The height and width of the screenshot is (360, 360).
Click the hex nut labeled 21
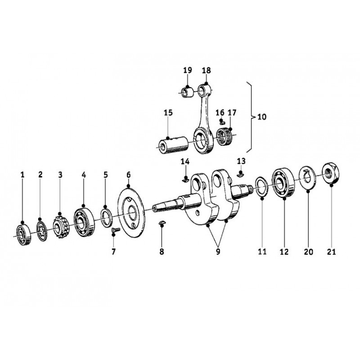point(331,173)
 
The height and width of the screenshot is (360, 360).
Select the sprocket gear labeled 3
point(61,227)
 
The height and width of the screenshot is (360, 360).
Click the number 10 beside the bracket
point(262,117)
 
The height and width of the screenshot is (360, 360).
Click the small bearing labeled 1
point(24,234)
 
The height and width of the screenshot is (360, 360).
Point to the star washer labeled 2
point(42,231)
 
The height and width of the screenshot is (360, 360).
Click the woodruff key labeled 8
point(162,223)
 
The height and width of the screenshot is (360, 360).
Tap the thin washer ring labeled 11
point(262,187)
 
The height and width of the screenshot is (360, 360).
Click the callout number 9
point(218,252)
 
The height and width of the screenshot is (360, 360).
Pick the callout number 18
point(206,71)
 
